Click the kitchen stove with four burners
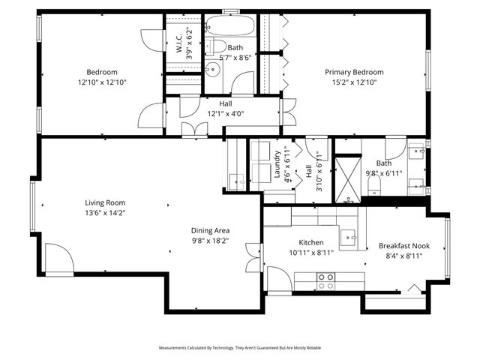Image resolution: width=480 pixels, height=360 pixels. (326, 280)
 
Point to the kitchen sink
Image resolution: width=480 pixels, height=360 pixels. (349, 238)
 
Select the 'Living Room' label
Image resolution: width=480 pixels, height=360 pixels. (105, 202)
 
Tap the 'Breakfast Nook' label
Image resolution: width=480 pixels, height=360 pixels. (403, 245)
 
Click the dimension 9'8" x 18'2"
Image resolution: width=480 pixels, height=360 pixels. (210, 241)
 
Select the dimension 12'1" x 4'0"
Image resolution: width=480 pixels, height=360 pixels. (226, 114)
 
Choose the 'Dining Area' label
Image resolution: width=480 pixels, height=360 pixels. (210, 230)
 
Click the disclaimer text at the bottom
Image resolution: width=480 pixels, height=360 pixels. (239, 348)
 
